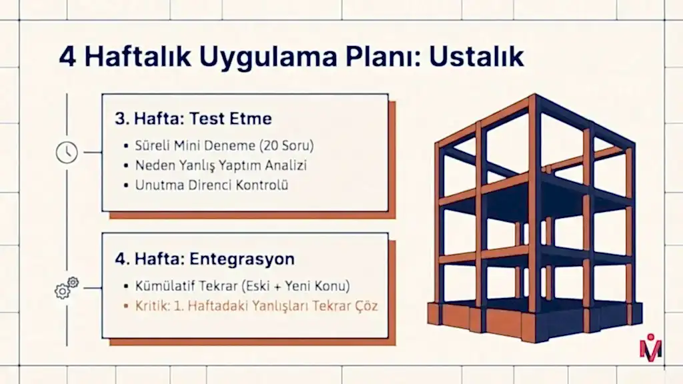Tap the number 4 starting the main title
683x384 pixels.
point(67,57)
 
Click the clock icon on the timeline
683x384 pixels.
point(67,153)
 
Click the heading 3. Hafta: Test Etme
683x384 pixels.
point(193,119)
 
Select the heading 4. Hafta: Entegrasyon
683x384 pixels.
point(205,259)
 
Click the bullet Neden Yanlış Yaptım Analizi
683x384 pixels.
point(221,165)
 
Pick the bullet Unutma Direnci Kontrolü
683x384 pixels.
point(211,185)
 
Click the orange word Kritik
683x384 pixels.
point(152,305)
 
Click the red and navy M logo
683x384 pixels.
point(651,348)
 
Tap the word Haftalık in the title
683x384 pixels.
point(137,57)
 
